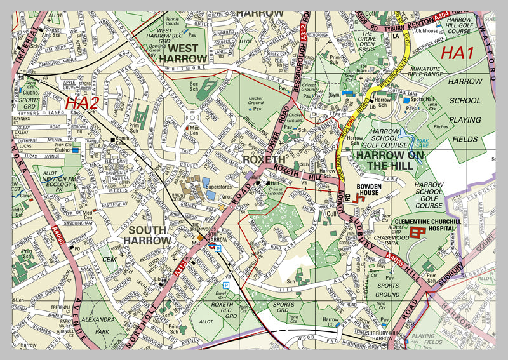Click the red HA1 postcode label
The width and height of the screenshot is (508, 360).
[x=457, y=54]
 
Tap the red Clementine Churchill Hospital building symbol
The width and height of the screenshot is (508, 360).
[x=417, y=232]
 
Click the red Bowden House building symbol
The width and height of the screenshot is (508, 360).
[x=361, y=199]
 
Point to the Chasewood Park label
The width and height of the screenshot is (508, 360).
[x=384, y=240]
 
